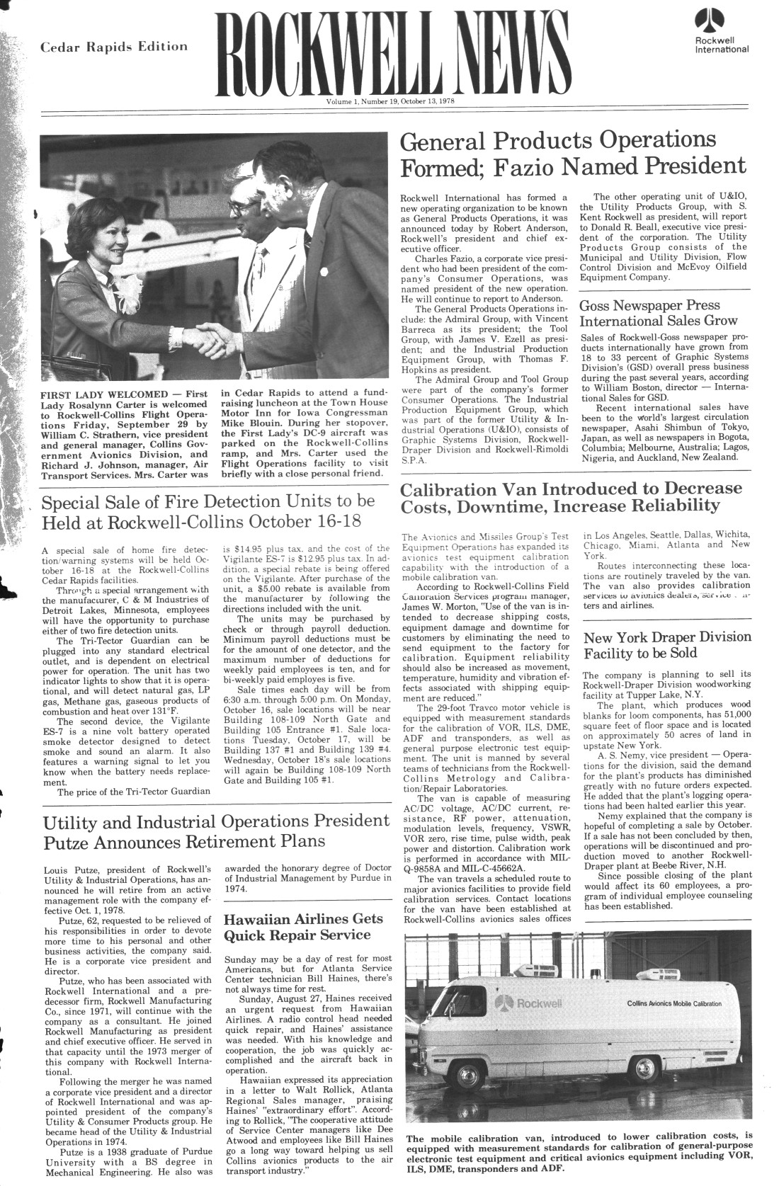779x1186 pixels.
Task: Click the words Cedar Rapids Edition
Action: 114,47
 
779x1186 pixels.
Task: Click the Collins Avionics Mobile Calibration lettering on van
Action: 674,1004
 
